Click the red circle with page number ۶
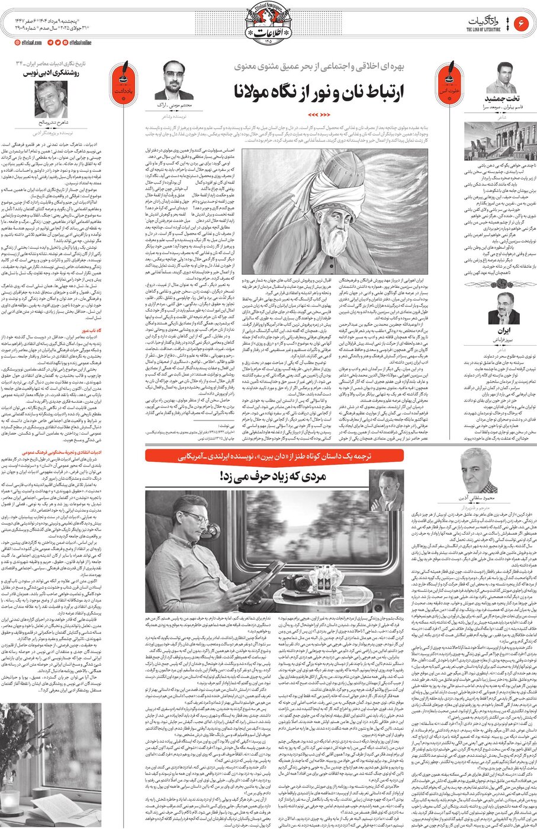(522, 23)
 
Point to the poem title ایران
(503, 331)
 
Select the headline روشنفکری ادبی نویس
(64, 74)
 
